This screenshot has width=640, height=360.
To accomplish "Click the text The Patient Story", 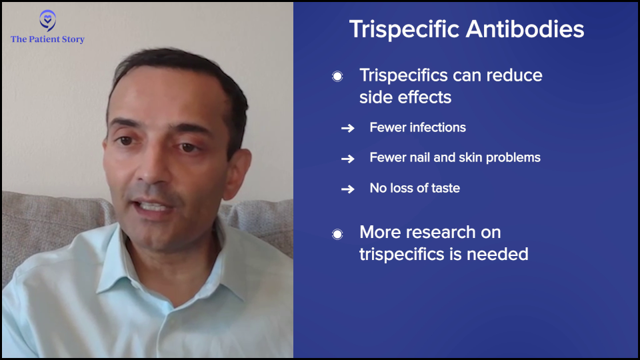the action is (x=47, y=39).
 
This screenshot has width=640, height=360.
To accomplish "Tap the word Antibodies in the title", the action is (x=525, y=29).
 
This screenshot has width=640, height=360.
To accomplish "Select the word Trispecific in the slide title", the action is (x=405, y=30).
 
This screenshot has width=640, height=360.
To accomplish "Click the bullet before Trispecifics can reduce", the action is (x=337, y=76).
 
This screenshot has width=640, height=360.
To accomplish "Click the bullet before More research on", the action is (x=337, y=234).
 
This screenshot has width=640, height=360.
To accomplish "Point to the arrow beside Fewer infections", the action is (x=348, y=128).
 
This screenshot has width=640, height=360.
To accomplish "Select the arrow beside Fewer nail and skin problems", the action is (x=348, y=159).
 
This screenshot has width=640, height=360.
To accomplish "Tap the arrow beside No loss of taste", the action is (x=348, y=189).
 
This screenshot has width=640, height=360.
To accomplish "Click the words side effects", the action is (x=405, y=97).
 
